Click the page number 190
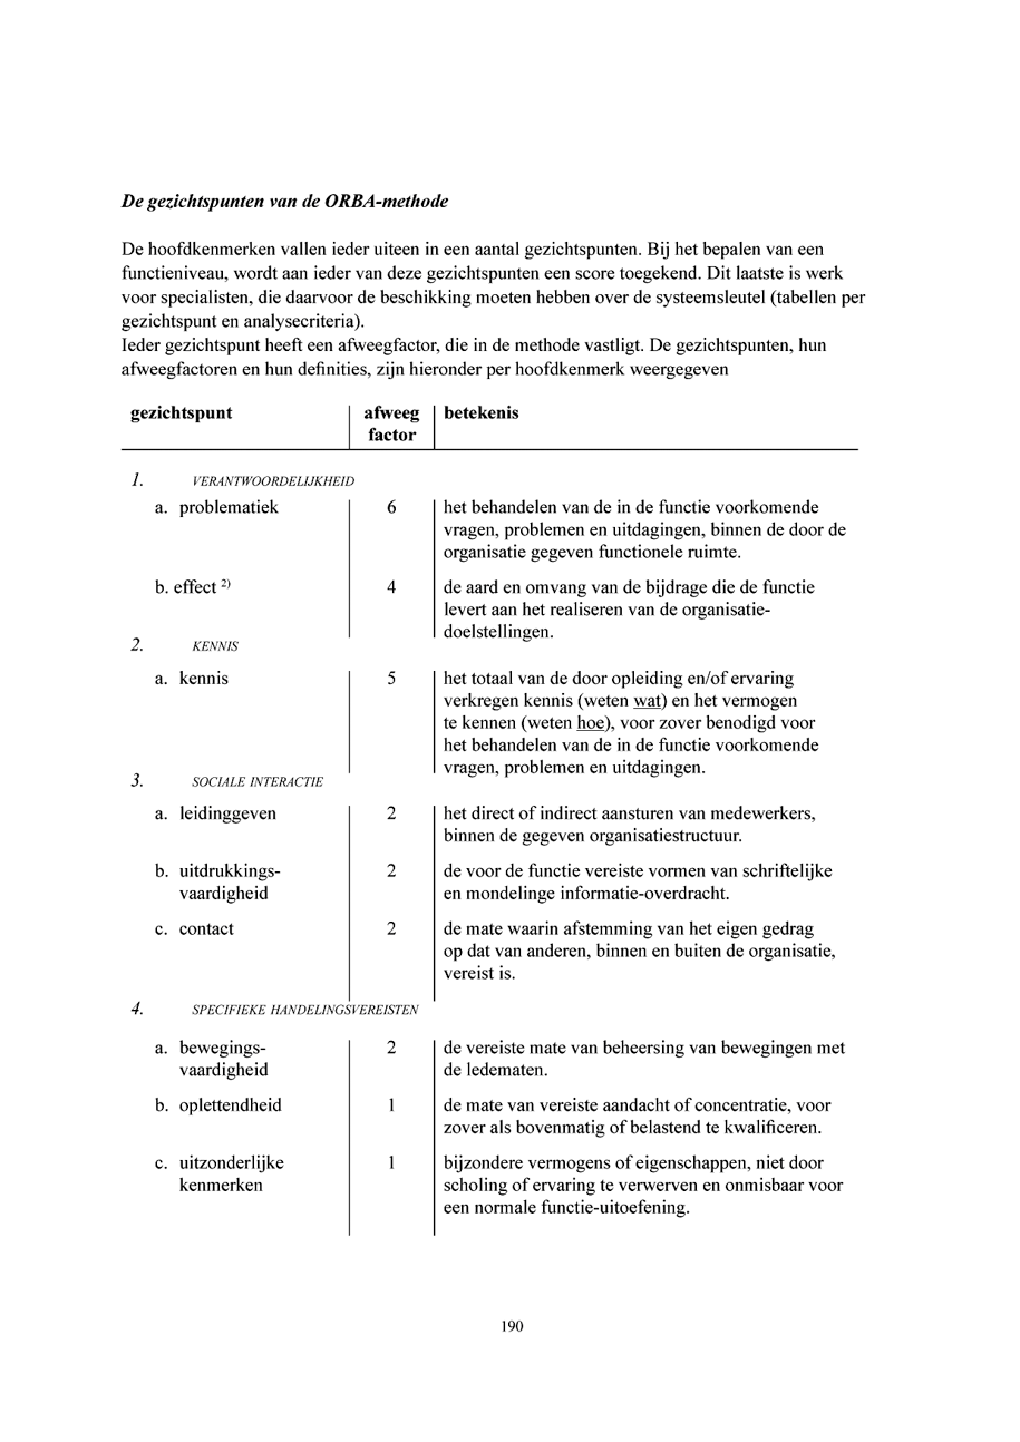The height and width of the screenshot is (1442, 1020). pos(512,1326)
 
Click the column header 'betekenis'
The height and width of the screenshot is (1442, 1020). pos(481,413)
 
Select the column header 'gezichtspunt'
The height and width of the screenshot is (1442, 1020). pos(181,413)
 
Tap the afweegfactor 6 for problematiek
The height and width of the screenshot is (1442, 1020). pos(391,507)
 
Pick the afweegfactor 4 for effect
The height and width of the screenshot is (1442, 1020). pos(391,587)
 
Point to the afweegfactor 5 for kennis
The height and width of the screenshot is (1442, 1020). pos(391,678)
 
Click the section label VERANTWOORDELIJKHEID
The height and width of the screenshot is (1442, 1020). pos(273,482)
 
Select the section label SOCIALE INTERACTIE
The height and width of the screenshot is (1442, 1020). pos(258,782)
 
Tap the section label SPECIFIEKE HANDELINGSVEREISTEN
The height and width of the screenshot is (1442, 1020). pos(305,1010)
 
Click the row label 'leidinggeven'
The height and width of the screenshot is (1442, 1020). pos(227,813)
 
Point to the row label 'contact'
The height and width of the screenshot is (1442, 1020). pos(206,928)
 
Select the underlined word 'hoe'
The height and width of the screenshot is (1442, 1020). pos(590,723)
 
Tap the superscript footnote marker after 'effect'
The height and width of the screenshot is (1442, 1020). pos(226,583)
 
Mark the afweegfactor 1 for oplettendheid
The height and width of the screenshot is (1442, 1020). pos(391,1105)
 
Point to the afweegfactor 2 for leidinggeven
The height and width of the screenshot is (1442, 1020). pos(391,813)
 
